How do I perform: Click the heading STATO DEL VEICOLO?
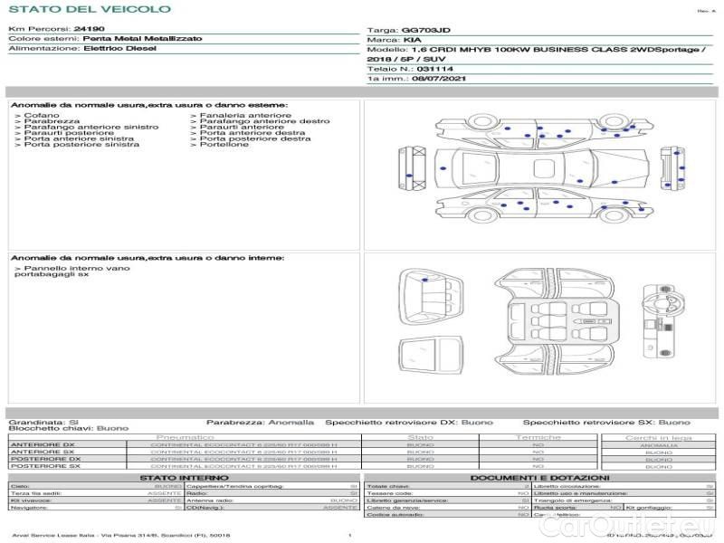click(89, 10)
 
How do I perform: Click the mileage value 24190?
click(89, 30)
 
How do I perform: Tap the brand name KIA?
click(412, 41)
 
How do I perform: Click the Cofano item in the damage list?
click(41, 116)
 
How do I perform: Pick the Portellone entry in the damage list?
click(224, 145)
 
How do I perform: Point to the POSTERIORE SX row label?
click(43, 466)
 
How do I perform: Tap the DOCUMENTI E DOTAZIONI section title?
click(539, 478)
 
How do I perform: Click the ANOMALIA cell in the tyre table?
click(658, 445)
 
